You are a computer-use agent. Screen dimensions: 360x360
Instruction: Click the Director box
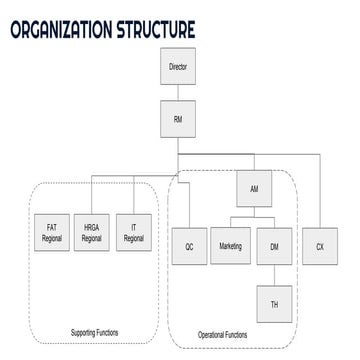pyautogui.click(x=179, y=71)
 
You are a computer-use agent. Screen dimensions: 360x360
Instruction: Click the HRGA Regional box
pyautogui.click(x=91, y=233)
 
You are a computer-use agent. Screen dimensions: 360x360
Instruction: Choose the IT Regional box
pyautogui.click(x=133, y=233)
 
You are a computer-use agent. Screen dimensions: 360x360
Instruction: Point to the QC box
pyautogui.click(x=188, y=246)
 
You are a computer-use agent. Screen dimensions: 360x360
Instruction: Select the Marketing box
pyautogui.click(x=230, y=246)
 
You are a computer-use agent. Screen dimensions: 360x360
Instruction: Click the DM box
pyautogui.click(x=273, y=246)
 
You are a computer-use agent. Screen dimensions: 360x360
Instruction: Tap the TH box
pyautogui.click(x=273, y=301)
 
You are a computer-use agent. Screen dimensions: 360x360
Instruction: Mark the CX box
pyautogui.click(x=320, y=246)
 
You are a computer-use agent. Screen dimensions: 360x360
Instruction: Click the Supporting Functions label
pyautogui.click(x=96, y=332)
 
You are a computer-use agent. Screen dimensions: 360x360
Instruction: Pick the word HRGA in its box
pyautogui.click(x=91, y=228)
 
